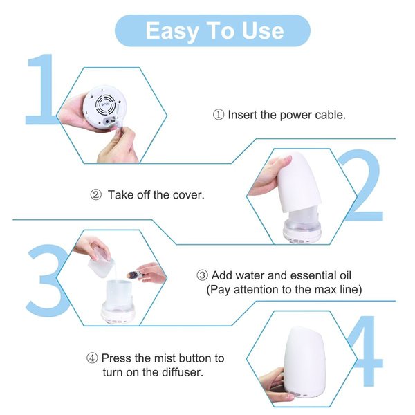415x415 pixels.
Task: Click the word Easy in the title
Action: (x=172, y=32)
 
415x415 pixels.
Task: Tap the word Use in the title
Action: (x=263, y=30)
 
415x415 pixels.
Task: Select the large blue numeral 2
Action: (x=362, y=185)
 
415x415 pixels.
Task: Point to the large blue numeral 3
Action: (x=48, y=280)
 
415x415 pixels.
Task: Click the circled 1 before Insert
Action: (x=219, y=115)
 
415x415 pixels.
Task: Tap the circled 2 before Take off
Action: (x=96, y=195)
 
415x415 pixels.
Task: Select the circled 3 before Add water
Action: (x=202, y=275)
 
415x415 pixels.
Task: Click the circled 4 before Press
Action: (x=92, y=358)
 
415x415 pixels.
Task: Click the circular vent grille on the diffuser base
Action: (x=105, y=104)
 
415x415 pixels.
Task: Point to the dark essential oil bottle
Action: (x=135, y=275)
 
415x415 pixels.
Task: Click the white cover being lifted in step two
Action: (x=299, y=183)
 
